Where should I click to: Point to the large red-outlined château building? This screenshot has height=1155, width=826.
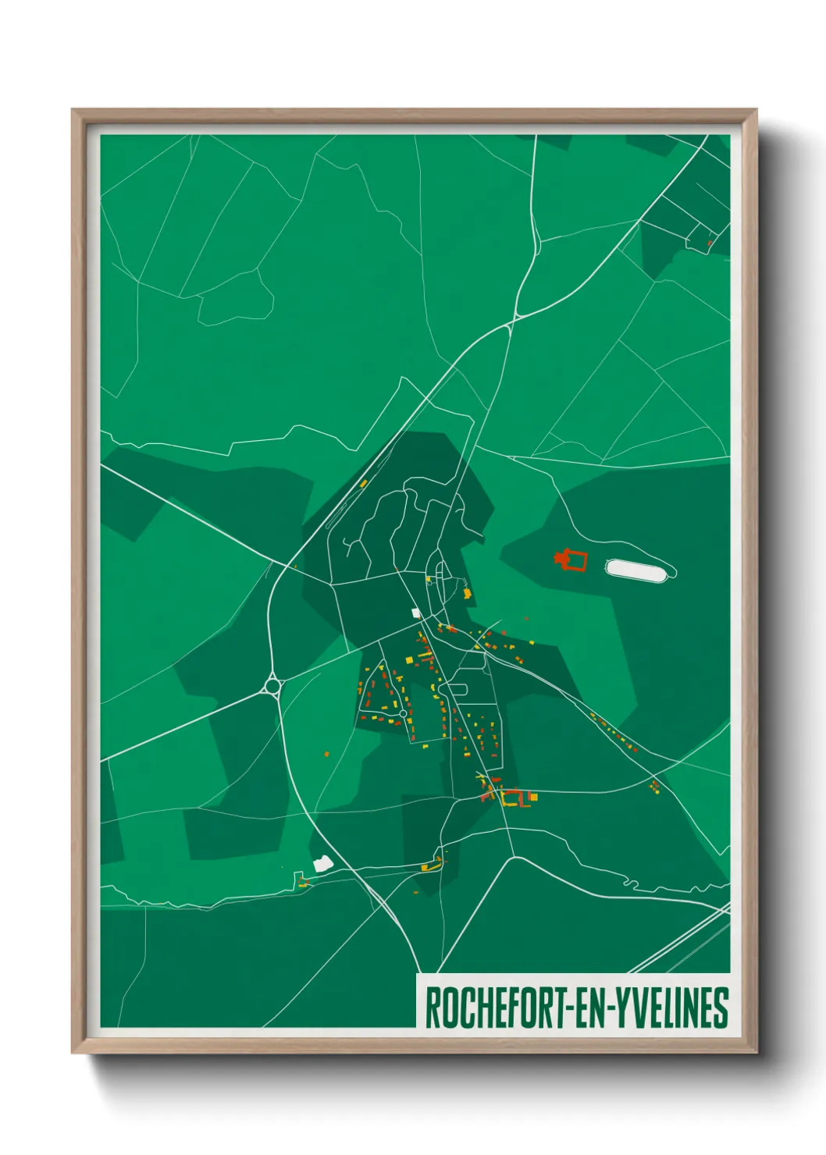coord(571,560)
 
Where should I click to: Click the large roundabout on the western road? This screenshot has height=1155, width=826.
coord(272,686)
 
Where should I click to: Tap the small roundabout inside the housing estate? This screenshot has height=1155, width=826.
coord(403,713)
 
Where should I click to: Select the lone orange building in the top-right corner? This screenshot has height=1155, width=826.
coord(710,243)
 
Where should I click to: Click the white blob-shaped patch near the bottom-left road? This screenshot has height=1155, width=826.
coord(322,863)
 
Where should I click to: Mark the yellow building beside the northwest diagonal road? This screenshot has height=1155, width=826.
coord(364,484)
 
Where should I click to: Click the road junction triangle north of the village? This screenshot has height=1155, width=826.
coord(511,324)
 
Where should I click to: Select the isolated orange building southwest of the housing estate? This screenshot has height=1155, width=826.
coord(327,754)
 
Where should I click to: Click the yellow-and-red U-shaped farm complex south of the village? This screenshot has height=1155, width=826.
coord(515,798)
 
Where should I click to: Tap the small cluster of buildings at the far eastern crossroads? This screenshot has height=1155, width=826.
coord(655,786)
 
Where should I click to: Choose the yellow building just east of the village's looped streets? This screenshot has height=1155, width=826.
coord(467,594)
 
